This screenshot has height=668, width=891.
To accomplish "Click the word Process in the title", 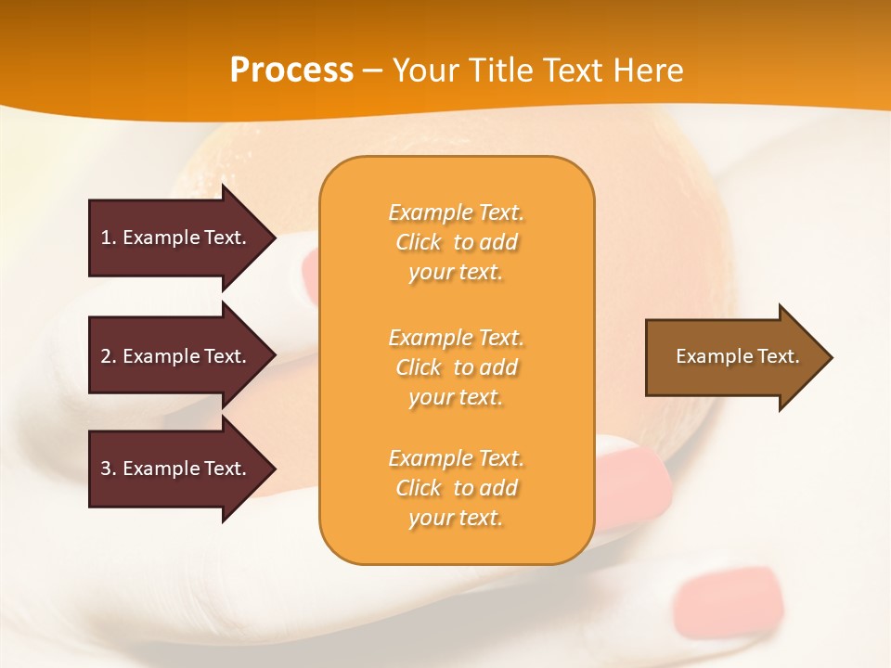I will point(291,71).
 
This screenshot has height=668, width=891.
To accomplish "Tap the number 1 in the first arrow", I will point(106,238).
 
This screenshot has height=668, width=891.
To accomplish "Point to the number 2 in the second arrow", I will point(106,356).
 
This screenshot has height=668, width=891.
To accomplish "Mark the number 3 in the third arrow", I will point(106,469).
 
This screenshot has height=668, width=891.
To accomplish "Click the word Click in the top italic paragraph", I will point(419,242).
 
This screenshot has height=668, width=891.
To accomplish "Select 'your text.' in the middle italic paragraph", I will point(456,397).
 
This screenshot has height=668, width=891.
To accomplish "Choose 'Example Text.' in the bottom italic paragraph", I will point(456,458).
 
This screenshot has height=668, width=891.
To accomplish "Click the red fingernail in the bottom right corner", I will point(730,594).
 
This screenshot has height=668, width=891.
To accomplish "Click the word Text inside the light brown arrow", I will point(779,356).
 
